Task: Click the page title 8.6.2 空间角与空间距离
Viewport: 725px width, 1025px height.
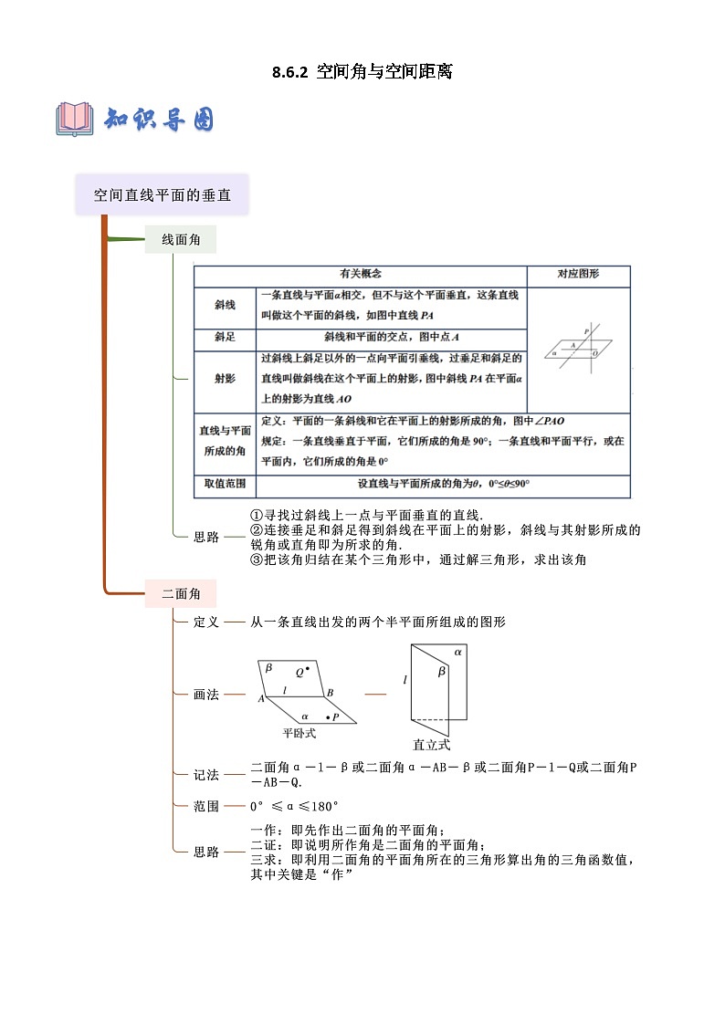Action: click(x=362, y=72)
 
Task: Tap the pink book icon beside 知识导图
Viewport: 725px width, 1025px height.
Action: click(x=75, y=119)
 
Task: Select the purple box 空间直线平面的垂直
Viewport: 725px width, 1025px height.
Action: click(x=163, y=194)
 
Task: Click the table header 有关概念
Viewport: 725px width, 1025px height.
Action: click(x=360, y=274)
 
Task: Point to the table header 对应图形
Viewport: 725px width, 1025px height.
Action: click(x=578, y=274)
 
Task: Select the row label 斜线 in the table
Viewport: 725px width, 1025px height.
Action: click(x=226, y=305)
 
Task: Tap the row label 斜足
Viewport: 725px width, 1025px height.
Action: click(x=226, y=337)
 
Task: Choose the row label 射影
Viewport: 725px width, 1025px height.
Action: click(x=226, y=378)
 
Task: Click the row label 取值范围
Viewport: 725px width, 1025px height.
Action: click(x=226, y=485)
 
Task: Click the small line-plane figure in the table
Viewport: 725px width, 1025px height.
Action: click(x=578, y=346)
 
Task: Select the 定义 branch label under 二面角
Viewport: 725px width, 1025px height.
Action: click(x=206, y=622)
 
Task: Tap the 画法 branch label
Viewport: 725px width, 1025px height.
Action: click(x=206, y=694)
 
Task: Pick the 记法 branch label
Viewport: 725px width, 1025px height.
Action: click(x=206, y=775)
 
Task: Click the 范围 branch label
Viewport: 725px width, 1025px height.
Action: click(x=206, y=806)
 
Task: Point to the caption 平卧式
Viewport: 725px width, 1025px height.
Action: click(x=299, y=732)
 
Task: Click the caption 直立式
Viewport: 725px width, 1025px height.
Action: click(x=431, y=744)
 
